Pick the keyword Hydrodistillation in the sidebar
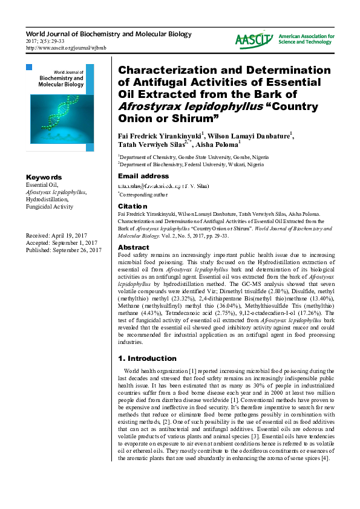(x=47, y=199)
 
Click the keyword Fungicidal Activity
(x=49, y=207)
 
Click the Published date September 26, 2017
(x=63, y=250)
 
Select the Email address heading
(x=143, y=177)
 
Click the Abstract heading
(x=133, y=248)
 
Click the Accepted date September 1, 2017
(x=61, y=242)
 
